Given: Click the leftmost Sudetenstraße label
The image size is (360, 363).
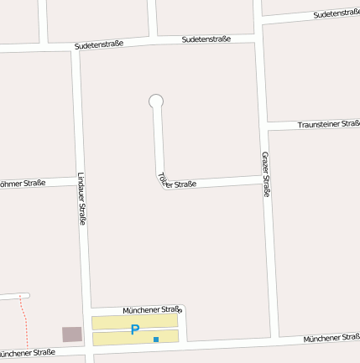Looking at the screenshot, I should coord(98,44).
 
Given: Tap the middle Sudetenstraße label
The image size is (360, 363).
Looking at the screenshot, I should coord(206,39).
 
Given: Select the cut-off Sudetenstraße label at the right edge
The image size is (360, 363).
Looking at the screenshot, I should coord(336,14).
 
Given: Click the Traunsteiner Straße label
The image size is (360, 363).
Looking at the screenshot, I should coord(329,125).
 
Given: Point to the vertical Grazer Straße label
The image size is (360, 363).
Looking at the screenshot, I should coord(266,174).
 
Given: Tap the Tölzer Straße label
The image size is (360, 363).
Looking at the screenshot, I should coord(176,182).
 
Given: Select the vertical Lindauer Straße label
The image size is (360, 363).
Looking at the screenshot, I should coord(82,199).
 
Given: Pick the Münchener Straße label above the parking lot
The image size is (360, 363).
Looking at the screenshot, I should coord(152,309).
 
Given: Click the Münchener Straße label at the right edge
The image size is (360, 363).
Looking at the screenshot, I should coord(331,337).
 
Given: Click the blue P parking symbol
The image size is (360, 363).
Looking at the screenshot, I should coord(134,330).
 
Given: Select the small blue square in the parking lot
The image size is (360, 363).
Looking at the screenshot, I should coord(156,340).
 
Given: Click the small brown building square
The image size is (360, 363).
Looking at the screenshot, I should coord(72,334).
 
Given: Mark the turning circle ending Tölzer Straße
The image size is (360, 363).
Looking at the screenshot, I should coord(155,101).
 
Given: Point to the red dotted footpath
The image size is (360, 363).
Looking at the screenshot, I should coord(24,323).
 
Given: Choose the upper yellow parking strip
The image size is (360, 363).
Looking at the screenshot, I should coord(134,321).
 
